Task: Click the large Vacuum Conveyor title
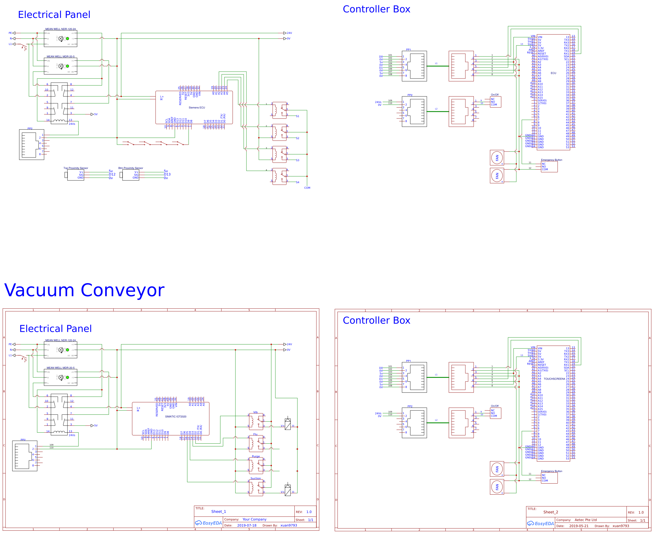click(x=84, y=290)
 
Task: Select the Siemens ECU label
click(x=197, y=108)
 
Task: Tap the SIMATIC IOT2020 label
click(x=176, y=416)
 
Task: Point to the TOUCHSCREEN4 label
click(x=554, y=379)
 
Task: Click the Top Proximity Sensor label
click(x=76, y=168)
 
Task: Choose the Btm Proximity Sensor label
click(x=131, y=168)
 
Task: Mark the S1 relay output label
click(x=297, y=116)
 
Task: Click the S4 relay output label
click(x=297, y=182)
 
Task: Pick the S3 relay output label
click(x=297, y=160)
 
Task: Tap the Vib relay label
click(x=255, y=412)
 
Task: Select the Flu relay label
click(x=255, y=434)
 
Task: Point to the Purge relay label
click(x=256, y=457)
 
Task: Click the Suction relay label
click(x=256, y=478)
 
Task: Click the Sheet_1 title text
click(x=218, y=511)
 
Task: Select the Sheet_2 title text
click(x=551, y=512)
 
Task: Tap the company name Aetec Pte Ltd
click(x=585, y=520)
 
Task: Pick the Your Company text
click(x=254, y=519)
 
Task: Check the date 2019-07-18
click(x=247, y=525)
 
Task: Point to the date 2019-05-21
click(x=579, y=526)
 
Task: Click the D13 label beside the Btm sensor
click(x=167, y=174)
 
